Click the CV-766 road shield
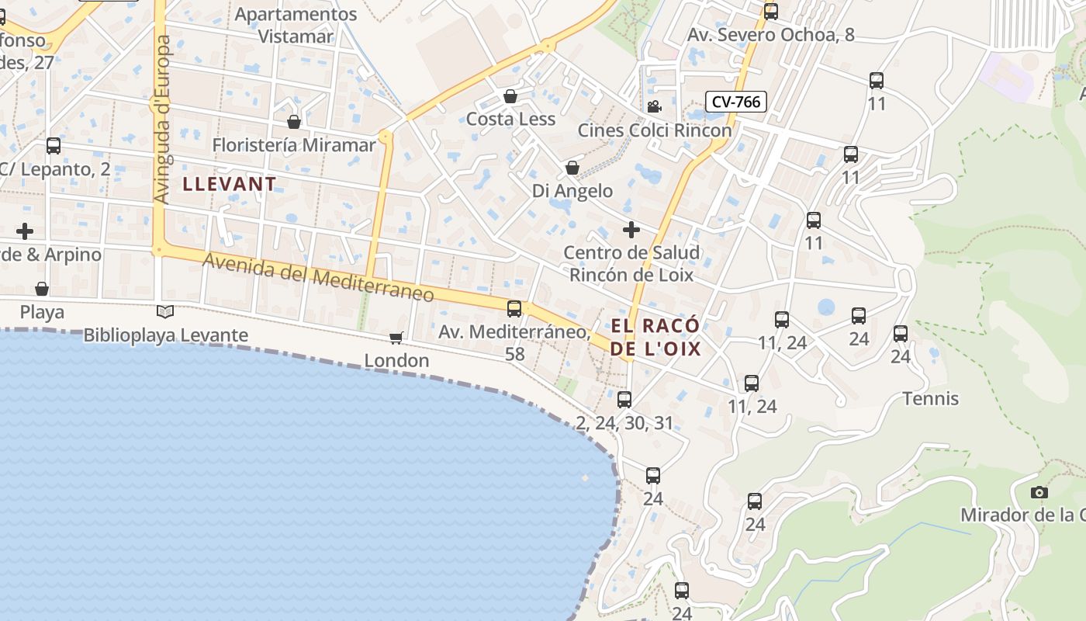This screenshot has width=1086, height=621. (x=736, y=102)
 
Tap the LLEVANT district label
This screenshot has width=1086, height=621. (x=230, y=184)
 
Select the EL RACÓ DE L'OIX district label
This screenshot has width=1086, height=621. (x=655, y=337)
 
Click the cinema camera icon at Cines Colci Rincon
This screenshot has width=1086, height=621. (x=654, y=106)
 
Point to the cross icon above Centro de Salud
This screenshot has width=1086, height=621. (x=631, y=230)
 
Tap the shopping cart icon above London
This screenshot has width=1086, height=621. (x=396, y=338)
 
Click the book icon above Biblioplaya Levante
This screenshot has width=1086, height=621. (x=165, y=312)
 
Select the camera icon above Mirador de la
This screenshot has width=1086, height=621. (x=1039, y=492)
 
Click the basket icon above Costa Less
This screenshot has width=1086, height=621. (x=510, y=96)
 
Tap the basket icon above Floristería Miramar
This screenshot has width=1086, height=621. (x=293, y=122)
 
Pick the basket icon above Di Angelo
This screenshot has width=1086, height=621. (x=572, y=168)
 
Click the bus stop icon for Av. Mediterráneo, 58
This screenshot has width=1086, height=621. (x=514, y=309)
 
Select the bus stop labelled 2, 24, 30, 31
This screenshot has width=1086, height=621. (x=624, y=400)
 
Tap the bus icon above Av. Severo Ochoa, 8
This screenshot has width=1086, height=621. (x=770, y=12)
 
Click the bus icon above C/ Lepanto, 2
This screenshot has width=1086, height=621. (x=54, y=146)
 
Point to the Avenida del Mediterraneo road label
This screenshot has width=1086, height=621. (x=318, y=277)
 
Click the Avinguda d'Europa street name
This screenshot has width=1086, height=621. (x=162, y=120)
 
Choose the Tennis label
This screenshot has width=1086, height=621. (x=931, y=399)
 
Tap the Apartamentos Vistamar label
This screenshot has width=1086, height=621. (x=296, y=25)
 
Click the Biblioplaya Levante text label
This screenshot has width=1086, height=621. (x=165, y=335)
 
